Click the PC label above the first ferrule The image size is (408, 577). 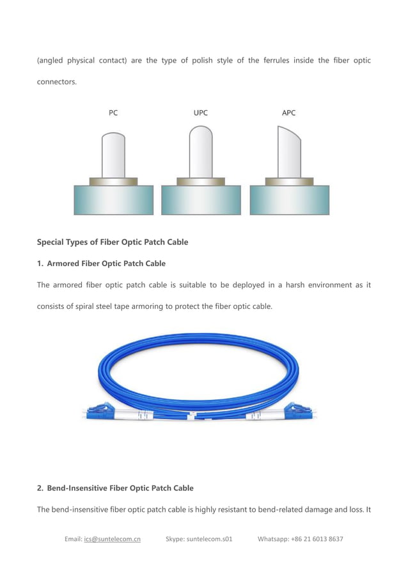point(113,113)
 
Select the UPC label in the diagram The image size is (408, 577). point(201,113)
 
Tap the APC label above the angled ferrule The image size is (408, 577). point(288,113)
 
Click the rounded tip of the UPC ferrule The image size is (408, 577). point(201,132)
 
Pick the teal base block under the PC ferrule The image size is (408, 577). point(114,200)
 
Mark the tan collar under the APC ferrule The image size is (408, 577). point(289,182)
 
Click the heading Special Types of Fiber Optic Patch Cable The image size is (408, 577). point(113,242)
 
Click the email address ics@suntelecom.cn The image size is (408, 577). point(112,539)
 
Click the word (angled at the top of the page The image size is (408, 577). point(49,61)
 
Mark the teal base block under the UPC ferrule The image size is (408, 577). point(201,200)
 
